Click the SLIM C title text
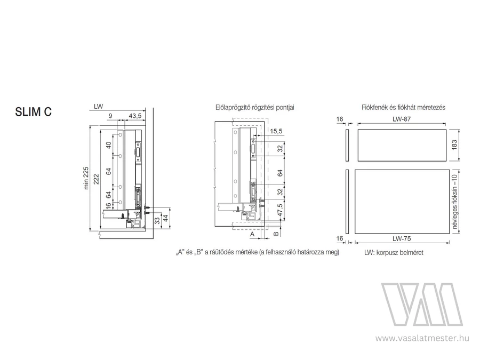(34, 112)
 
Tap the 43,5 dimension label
(135, 116)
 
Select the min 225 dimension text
(86, 178)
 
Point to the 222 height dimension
(96, 179)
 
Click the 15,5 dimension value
(276, 131)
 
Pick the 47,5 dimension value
(280, 210)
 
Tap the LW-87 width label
(401, 119)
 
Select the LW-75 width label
(402, 238)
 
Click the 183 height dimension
(454, 145)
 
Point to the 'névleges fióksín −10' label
(454, 201)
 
